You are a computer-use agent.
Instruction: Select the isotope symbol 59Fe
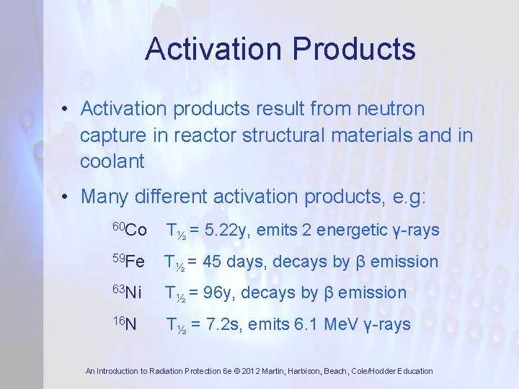click(x=129, y=262)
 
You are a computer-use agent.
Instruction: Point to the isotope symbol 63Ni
click(x=128, y=293)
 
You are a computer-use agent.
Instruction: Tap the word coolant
click(x=112, y=161)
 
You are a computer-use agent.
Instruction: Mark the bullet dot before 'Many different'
click(x=65, y=196)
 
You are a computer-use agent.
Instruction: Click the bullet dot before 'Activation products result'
click(x=65, y=109)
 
